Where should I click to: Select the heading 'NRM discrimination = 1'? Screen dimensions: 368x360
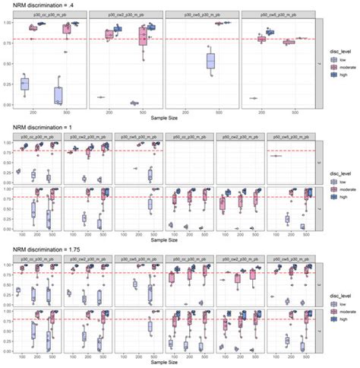pyautogui.click(x=43, y=125)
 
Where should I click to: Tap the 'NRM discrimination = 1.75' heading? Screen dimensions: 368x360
pyautogui.click(x=46, y=249)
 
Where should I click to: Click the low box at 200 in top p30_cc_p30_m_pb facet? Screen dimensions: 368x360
pyautogui.click(x=25, y=83)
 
